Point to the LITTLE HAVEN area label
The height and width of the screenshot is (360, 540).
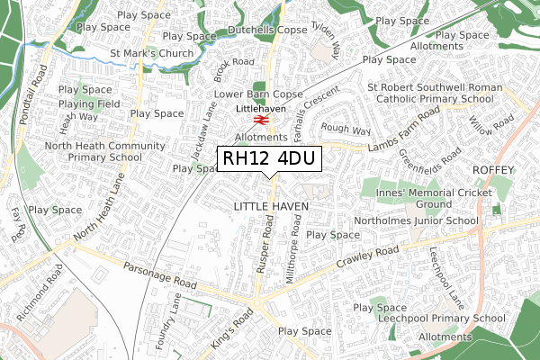[x=271, y=207]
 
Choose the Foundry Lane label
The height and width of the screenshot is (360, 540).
[x=177, y=319]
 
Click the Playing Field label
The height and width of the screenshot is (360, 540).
[x=84, y=103]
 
